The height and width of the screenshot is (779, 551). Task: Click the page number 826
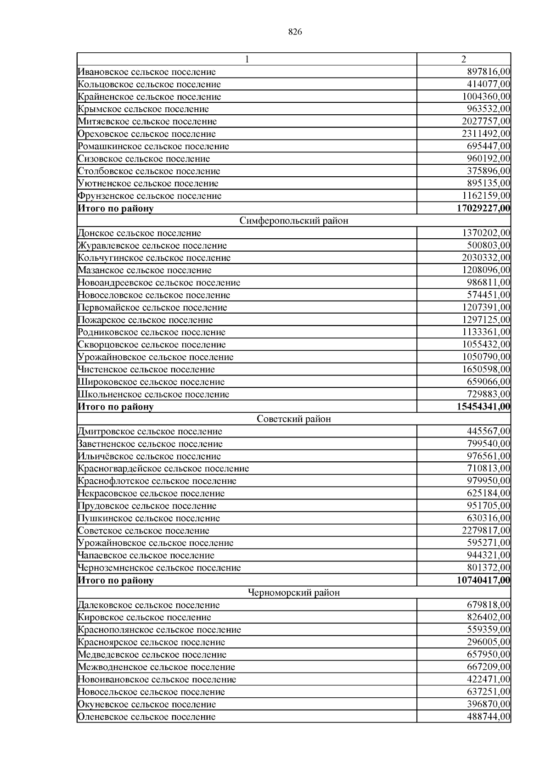(295, 32)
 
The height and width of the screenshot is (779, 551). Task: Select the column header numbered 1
(247, 59)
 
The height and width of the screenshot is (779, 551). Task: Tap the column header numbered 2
(463, 59)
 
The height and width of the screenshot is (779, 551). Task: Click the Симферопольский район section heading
(294, 221)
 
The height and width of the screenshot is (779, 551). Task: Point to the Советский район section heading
(294, 419)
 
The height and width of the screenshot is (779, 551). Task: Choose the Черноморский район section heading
(294, 593)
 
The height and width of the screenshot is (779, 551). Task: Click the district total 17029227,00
(484, 208)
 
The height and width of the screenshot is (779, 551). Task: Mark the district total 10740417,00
(484, 580)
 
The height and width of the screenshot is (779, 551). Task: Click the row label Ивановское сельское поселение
(147, 72)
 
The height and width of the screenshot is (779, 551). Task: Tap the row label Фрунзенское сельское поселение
(150, 196)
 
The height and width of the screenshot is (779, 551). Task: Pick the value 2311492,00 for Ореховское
(486, 134)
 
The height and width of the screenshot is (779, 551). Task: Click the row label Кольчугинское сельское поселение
(154, 258)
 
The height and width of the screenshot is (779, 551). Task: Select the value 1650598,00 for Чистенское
(486, 370)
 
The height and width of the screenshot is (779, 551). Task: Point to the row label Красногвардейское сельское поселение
(163, 469)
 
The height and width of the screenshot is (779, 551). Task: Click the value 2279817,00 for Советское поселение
(486, 531)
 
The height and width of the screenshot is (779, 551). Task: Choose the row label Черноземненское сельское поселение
(159, 568)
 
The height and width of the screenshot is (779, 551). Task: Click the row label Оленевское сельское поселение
(147, 717)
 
